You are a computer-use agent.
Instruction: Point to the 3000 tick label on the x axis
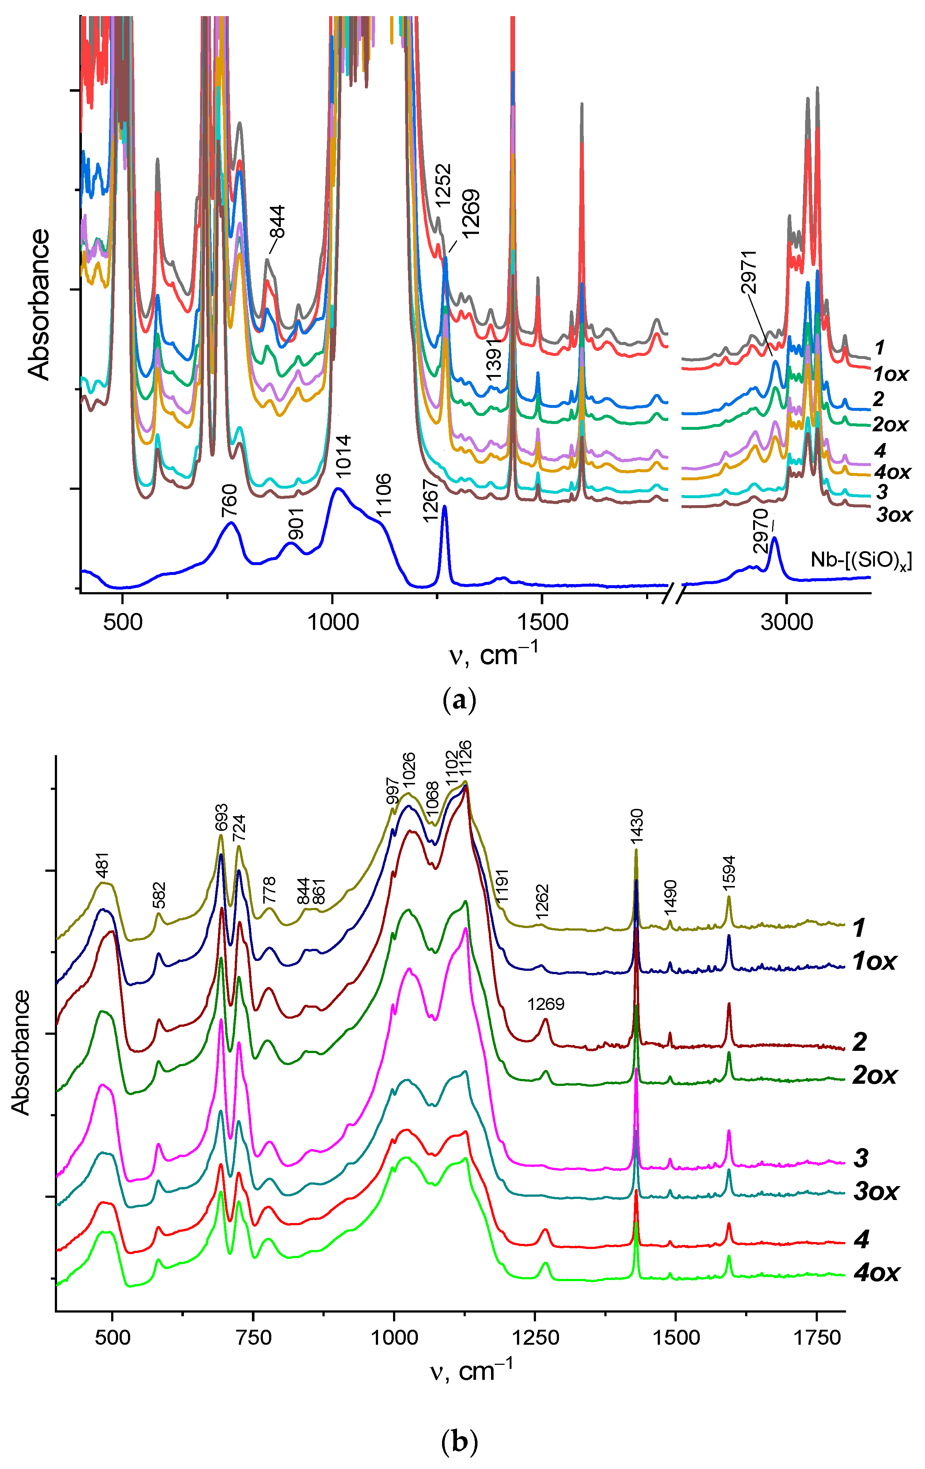tap(787, 622)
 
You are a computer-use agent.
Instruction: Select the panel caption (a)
tap(458, 700)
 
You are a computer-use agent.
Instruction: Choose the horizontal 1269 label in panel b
tap(546, 1004)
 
